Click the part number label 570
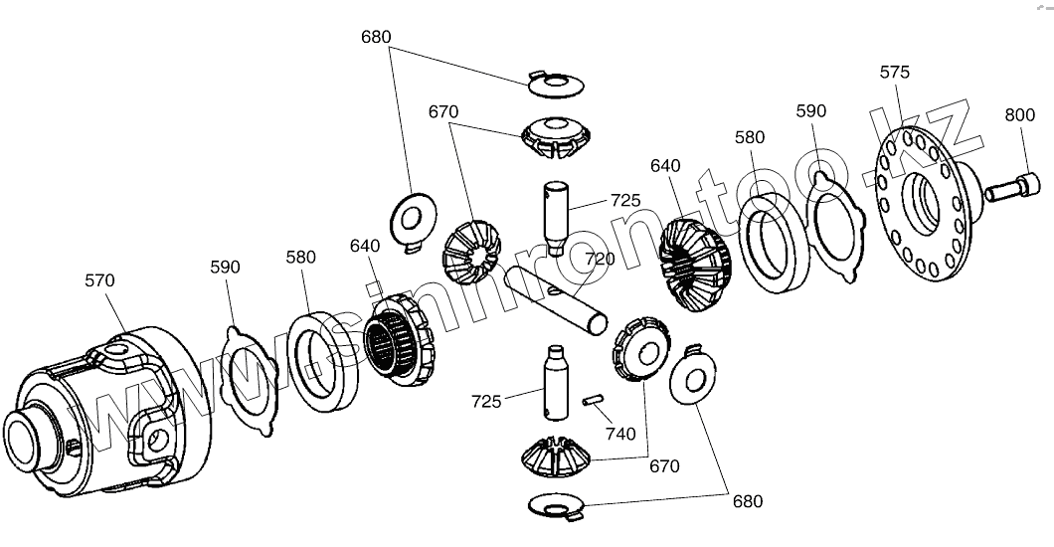(x=99, y=281)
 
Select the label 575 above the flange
(x=895, y=73)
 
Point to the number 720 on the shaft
(x=600, y=260)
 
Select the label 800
(x=1019, y=114)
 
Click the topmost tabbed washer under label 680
(x=555, y=84)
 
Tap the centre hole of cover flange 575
(x=921, y=205)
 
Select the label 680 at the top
(x=376, y=38)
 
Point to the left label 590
(x=226, y=268)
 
